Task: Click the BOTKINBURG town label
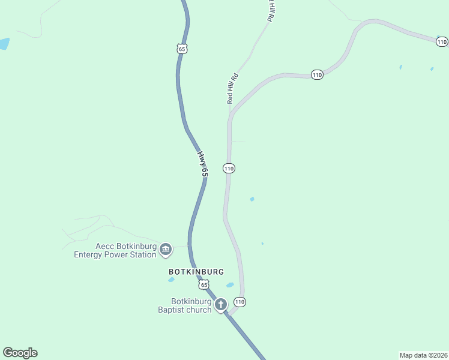click(196, 271)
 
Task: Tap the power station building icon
click(166, 248)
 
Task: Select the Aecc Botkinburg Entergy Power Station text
click(115, 250)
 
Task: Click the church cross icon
click(220, 305)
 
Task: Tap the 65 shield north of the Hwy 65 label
click(182, 49)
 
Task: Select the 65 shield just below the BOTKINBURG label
click(204, 284)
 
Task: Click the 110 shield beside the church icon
click(240, 301)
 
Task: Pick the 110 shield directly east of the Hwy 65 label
click(229, 169)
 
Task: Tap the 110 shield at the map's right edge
click(442, 41)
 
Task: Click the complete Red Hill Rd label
click(233, 89)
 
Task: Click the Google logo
click(20, 353)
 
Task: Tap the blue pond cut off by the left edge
click(4, 43)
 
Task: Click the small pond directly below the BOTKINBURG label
click(172, 280)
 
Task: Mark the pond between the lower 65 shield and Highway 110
click(229, 285)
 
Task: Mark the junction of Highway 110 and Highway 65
click(228, 314)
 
